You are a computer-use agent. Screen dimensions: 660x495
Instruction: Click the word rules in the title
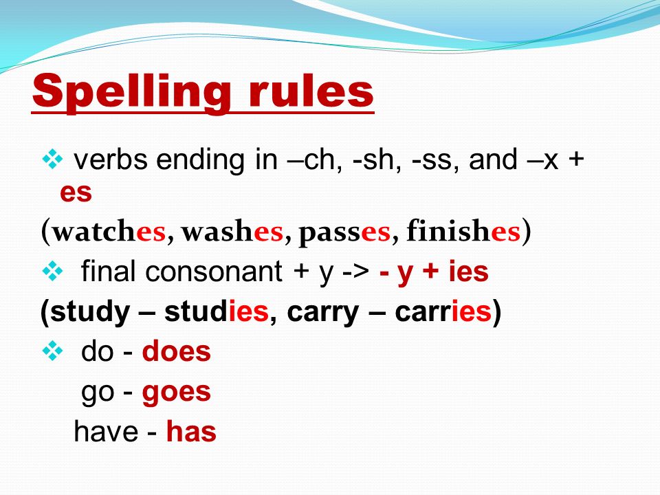click(311, 91)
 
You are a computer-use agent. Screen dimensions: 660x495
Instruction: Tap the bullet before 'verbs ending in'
click(53, 159)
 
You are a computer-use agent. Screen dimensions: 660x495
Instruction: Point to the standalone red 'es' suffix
click(76, 192)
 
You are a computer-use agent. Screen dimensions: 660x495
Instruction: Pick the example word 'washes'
click(232, 231)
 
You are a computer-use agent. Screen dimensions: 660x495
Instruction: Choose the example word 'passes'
click(344, 232)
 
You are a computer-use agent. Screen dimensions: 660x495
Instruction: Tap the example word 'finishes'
click(463, 230)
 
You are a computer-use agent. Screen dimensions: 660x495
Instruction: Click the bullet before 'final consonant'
click(53, 271)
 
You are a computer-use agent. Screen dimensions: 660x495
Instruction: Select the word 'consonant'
click(213, 272)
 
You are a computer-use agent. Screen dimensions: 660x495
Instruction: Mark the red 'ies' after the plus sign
click(468, 271)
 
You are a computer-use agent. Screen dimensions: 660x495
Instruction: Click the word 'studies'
click(217, 312)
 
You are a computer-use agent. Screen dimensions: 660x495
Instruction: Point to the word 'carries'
click(443, 312)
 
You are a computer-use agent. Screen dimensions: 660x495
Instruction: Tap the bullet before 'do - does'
click(53, 351)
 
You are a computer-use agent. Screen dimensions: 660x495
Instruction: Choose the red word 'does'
click(177, 351)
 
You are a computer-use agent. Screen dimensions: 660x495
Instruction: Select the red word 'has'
click(191, 432)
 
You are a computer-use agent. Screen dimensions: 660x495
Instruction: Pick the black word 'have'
click(106, 432)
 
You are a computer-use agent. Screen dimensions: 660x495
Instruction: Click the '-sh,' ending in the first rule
click(377, 160)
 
